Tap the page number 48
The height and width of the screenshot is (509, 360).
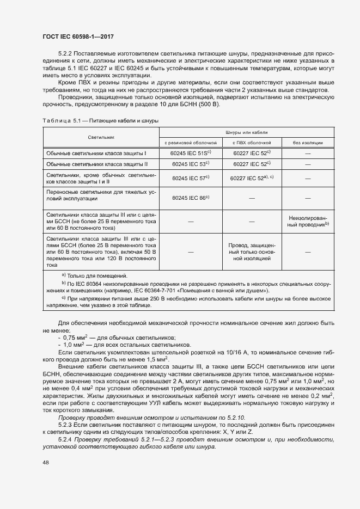(x=45, y=462)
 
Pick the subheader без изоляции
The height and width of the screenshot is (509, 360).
(x=308, y=143)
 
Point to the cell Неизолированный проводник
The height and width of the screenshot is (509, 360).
(x=308, y=220)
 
